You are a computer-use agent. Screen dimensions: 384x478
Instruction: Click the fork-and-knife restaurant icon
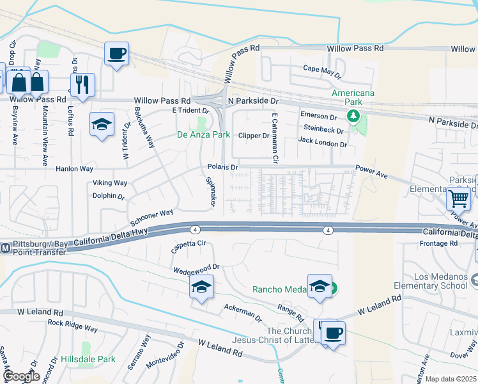pyautogui.click(x=82, y=85)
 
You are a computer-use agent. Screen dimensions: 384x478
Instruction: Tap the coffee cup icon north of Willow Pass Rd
pyautogui.click(x=116, y=54)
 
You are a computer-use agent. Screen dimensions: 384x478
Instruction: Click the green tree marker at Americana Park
pyautogui.click(x=351, y=116)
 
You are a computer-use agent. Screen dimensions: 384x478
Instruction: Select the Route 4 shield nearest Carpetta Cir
pyautogui.click(x=193, y=229)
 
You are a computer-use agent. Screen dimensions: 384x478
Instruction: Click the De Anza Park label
pyautogui.click(x=203, y=135)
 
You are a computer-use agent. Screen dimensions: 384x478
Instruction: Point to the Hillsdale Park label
pyautogui.click(x=88, y=360)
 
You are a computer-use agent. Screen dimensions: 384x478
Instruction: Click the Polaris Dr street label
pyautogui.click(x=222, y=167)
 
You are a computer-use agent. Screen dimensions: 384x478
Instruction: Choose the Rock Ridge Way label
pyautogui.click(x=72, y=326)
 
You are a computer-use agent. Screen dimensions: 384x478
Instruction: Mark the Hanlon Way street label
pyautogui.click(x=75, y=169)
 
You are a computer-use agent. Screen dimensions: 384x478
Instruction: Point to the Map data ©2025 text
pyautogui.click(x=451, y=379)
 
